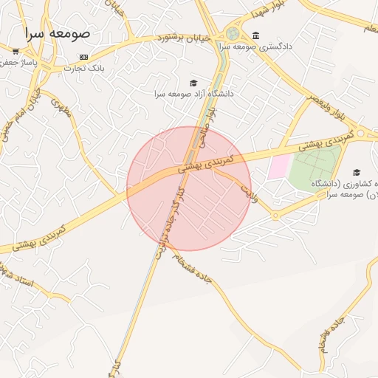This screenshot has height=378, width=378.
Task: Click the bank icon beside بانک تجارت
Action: pos(83,57)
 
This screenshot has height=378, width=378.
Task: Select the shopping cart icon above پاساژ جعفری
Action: pos(16,51)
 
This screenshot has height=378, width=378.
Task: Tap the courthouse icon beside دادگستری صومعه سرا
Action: pos(255,35)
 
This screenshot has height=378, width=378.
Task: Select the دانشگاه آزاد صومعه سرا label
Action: pos(193,94)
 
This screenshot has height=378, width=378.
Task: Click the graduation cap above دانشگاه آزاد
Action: pos(193,83)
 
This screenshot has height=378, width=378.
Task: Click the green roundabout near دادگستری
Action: pos(233,33)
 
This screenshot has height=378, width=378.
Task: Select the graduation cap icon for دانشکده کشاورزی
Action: pos(357,172)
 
